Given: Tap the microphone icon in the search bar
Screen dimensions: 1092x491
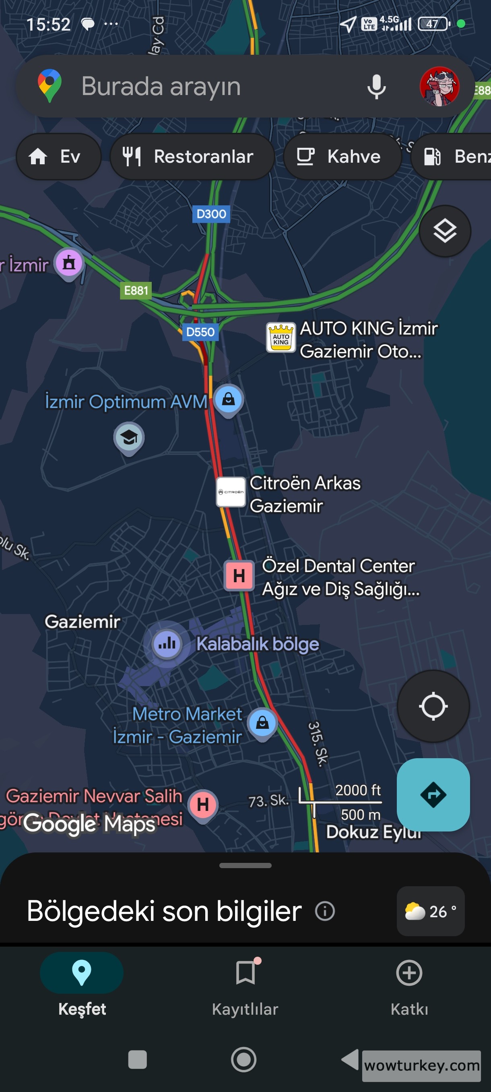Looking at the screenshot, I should tap(376, 87).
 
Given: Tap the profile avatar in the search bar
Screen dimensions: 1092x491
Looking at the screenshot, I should tap(439, 87).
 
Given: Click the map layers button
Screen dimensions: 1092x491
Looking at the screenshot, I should tap(444, 231).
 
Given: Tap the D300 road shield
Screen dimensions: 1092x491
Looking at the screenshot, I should tap(211, 214).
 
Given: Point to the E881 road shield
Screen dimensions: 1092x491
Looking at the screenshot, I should tap(136, 291).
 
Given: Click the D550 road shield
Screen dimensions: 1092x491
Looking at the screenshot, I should tap(200, 332).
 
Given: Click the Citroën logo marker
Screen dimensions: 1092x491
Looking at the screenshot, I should tap(231, 492).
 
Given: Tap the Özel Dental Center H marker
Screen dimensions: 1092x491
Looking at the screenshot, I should tap(239, 576).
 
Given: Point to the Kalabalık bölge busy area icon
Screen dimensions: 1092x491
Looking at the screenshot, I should tap(167, 644).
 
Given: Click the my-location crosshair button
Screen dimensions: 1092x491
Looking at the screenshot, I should tap(433, 706).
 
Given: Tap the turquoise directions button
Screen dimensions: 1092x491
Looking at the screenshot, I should tap(433, 794).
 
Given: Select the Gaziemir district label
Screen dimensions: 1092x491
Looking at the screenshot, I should tap(83, 622).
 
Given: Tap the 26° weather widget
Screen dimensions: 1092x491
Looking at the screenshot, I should tap(430, 911).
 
